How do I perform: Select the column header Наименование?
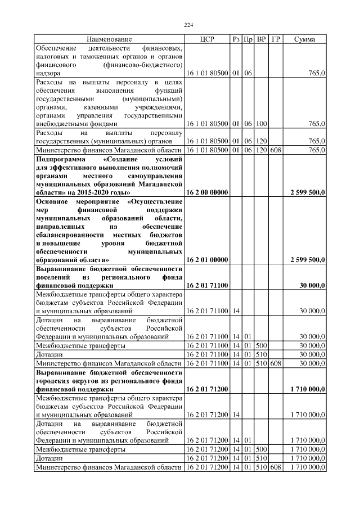coord(109,39)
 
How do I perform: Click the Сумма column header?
coord(304,39)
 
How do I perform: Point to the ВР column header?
coord(261,39)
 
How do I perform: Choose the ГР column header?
coord(276,39)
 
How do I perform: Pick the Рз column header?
coord(236,39)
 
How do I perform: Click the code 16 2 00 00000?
coord(206,192)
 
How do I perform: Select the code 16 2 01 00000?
coord(206,260)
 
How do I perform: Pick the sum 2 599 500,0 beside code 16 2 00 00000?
coord(307,192)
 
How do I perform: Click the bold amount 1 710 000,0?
coord(307,388)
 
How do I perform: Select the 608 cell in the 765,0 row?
coord(276,150)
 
